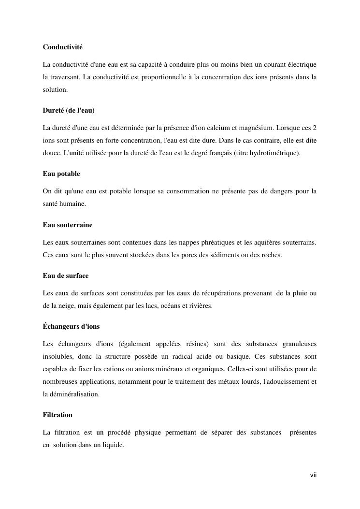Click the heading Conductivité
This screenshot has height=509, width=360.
[x=62, y=47]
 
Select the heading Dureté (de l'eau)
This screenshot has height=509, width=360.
[x=69, y=111]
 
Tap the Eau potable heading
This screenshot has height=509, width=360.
[x=61, y=174]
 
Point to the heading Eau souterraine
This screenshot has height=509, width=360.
[x=68, y=225]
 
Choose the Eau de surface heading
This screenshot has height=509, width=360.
[x=66, y=276]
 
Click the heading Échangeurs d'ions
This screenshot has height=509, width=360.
[x=71, y=326]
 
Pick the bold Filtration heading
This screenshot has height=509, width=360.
[x=58, y=415]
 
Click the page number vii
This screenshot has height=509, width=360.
[x=313, y=475]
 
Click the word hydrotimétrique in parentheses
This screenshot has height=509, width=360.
[x=274, y=153]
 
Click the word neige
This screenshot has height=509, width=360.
[x=68, y=305]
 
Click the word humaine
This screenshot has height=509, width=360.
[x=74, y=204]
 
